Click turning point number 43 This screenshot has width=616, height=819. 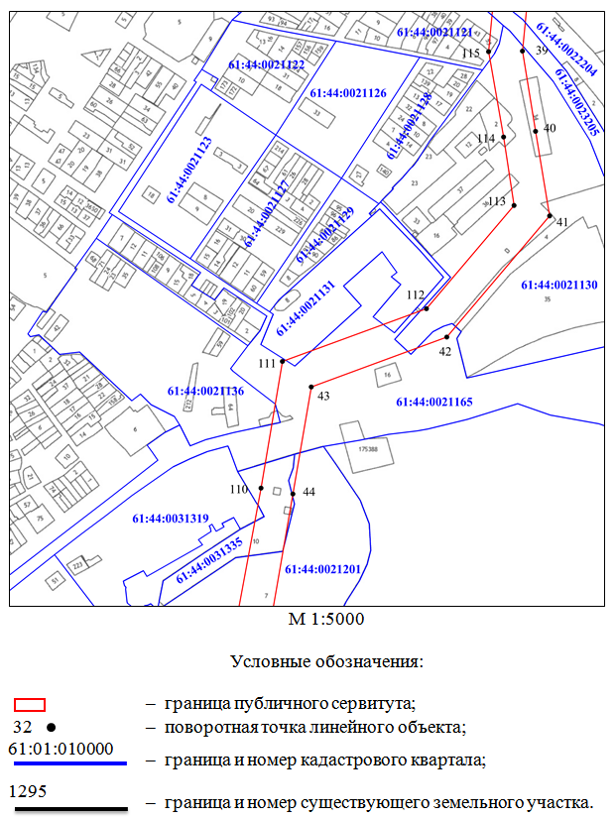pos(311,387)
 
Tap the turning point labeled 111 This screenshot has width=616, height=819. pos(283,361)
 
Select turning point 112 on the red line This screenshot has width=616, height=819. pos(427,308)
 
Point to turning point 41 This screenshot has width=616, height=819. pos(549,215)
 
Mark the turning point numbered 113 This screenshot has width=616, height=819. pos(514,205)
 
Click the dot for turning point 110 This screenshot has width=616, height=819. pos(261,488)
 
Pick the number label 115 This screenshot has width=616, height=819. pos(471,53)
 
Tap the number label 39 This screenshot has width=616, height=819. pos(541,50)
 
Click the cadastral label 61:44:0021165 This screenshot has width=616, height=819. pos(433,402)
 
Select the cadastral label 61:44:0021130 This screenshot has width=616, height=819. pos(558,285)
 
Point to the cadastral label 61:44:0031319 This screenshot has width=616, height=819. pos(171,519)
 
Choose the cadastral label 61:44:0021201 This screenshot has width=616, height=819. pos(322,569)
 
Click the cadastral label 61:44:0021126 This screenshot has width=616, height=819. pos(347,92)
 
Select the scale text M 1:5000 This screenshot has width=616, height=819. pos(326,620)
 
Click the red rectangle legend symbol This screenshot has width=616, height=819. pos(30,705)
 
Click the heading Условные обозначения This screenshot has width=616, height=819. pos(326,661)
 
